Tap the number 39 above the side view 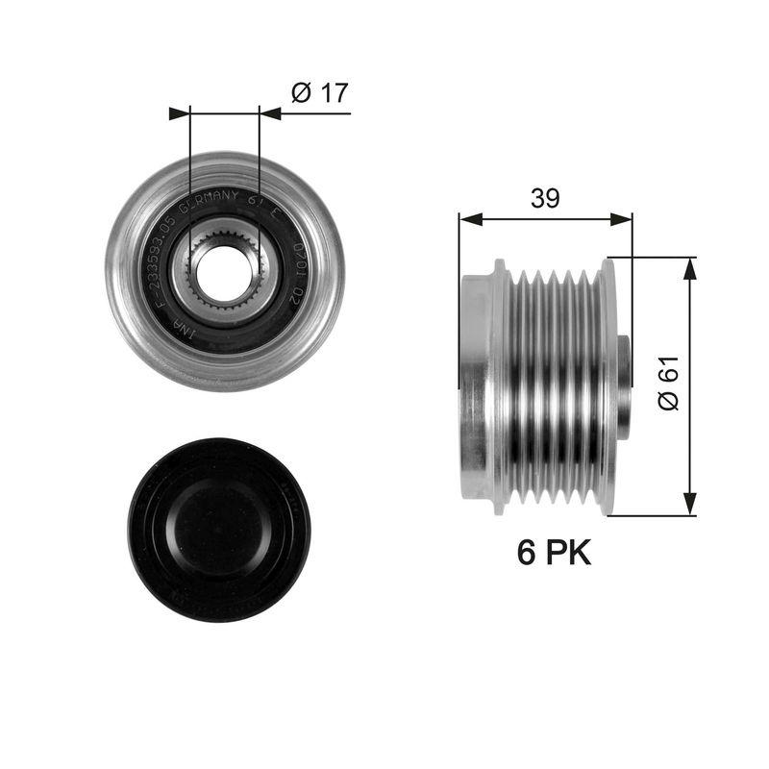545,198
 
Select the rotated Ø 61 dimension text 670,384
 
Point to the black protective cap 219,530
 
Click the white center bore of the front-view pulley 224,272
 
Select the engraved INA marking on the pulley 181,328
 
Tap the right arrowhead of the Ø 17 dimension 270,113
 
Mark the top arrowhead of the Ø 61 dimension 689,268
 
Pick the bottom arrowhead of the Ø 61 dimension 689,504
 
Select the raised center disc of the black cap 219,527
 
